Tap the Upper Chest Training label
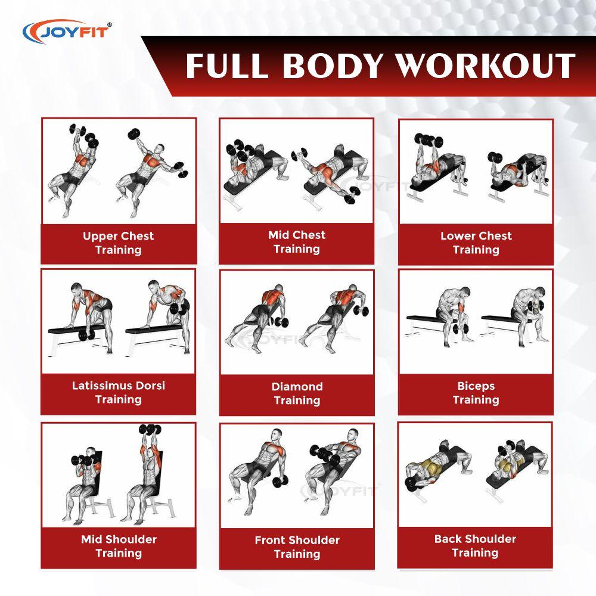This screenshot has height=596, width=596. coord(118,243)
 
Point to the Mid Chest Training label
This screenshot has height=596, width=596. coord(297,241)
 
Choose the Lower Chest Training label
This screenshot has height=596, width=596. coord(476,243)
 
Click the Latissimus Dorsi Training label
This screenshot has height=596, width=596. coord(118,392)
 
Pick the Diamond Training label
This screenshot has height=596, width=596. coord(297,393)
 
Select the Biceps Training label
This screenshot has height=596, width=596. coord(476,393)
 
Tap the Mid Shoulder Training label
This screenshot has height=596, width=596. coord(118,546)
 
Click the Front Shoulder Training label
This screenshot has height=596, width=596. coord(297,547)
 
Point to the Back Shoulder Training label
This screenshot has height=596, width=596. coord(475,545)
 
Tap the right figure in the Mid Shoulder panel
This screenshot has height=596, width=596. coord(145,474)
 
